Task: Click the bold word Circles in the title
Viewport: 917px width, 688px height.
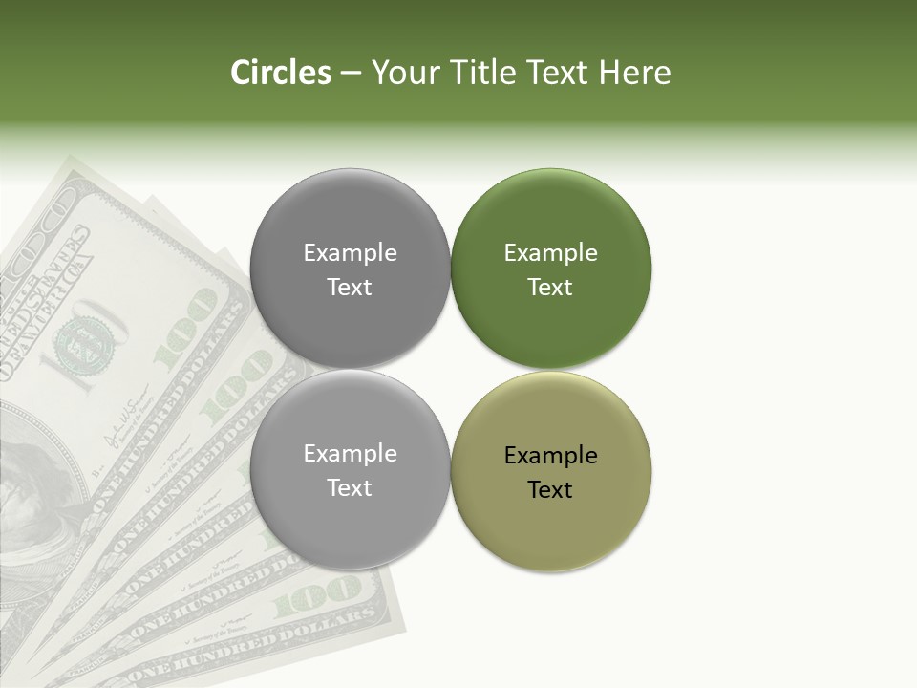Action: [x=280, y=73]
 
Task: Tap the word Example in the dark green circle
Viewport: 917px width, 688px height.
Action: [x=550, y=253]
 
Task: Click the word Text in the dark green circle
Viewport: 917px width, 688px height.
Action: [x=550, y=288]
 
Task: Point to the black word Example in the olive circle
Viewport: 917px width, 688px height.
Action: [x=550, y=455]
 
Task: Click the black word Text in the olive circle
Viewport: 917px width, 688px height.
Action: [x=550, y=489]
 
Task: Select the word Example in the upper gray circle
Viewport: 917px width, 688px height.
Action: [x=350, y=253]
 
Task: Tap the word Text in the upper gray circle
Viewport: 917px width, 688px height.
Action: [x=350, y=288]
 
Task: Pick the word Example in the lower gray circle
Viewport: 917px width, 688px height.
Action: [x=350, y=454]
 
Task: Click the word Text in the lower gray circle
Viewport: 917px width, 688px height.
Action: [x=350, y=488]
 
